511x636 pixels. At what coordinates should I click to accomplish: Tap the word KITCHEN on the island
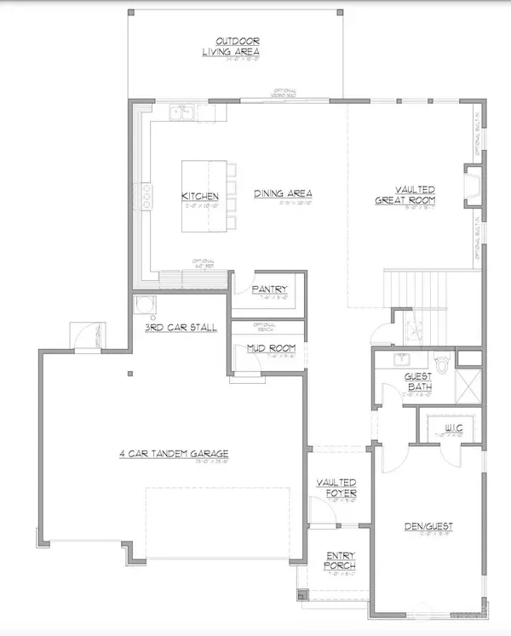click(200, 197)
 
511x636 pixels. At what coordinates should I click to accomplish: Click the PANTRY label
click(270, 289)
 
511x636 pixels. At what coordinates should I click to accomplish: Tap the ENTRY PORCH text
click(339, 560)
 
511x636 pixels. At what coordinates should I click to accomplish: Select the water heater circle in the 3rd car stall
click(142, 306)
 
